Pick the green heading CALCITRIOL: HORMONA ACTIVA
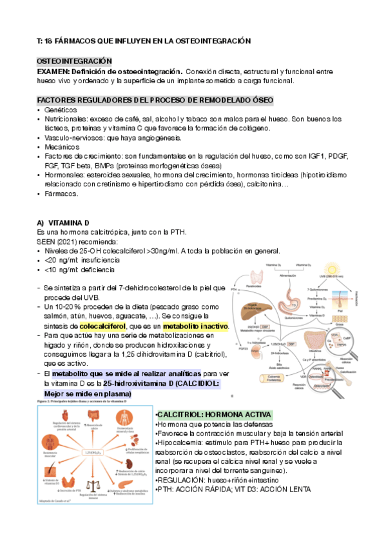tap(214, 414)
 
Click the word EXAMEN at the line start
tap(53, 71)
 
